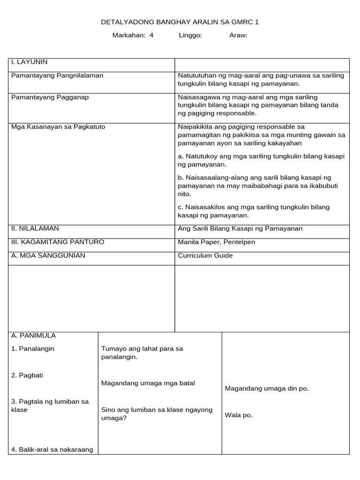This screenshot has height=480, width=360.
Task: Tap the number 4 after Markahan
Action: [151, 35]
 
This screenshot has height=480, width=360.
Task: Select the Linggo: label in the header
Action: [190, 35]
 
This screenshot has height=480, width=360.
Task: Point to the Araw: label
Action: [238, 35]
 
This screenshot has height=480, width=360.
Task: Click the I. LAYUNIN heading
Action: [29, 62]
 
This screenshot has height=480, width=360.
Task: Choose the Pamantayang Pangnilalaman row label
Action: [57, 75]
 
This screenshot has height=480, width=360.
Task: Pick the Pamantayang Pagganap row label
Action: [50, 97]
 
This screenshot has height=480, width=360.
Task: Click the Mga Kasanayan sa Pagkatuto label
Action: [58, 127]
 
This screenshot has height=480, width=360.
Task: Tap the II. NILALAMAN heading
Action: [35, 228]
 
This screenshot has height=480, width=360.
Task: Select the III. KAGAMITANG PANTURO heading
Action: [58, 242]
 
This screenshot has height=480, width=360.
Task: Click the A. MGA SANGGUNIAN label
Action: [48, 255]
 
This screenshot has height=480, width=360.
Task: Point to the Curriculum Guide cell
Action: [205, 255]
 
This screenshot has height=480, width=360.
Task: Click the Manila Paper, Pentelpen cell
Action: [217, 242]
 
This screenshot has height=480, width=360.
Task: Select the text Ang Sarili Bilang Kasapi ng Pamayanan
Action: [240, 228]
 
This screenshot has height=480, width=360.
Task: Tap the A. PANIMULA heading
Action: [33, 336]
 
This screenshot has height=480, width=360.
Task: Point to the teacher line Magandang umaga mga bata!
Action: [148, 383]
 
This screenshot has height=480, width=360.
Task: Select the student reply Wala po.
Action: [239, 415]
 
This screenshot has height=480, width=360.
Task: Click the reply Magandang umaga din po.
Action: [267, 388]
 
